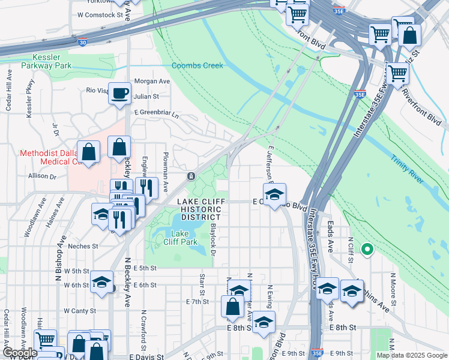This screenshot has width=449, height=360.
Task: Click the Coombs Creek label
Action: [197, 65]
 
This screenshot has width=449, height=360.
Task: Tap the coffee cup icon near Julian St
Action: [119, 93]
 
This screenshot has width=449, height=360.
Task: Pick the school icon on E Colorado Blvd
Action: [274, 195]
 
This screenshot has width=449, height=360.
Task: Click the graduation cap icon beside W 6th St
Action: [101, 281]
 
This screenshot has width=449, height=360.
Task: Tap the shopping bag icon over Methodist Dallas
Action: [89, 152]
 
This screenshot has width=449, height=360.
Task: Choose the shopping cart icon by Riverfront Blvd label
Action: [397, 74]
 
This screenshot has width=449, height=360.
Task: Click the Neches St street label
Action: [83, 246]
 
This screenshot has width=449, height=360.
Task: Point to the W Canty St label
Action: [76, 310]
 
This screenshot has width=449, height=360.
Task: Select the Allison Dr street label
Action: [41, 176]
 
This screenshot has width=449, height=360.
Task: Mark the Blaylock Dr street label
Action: [213, 236]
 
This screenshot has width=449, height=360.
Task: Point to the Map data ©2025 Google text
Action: [411, 355]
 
